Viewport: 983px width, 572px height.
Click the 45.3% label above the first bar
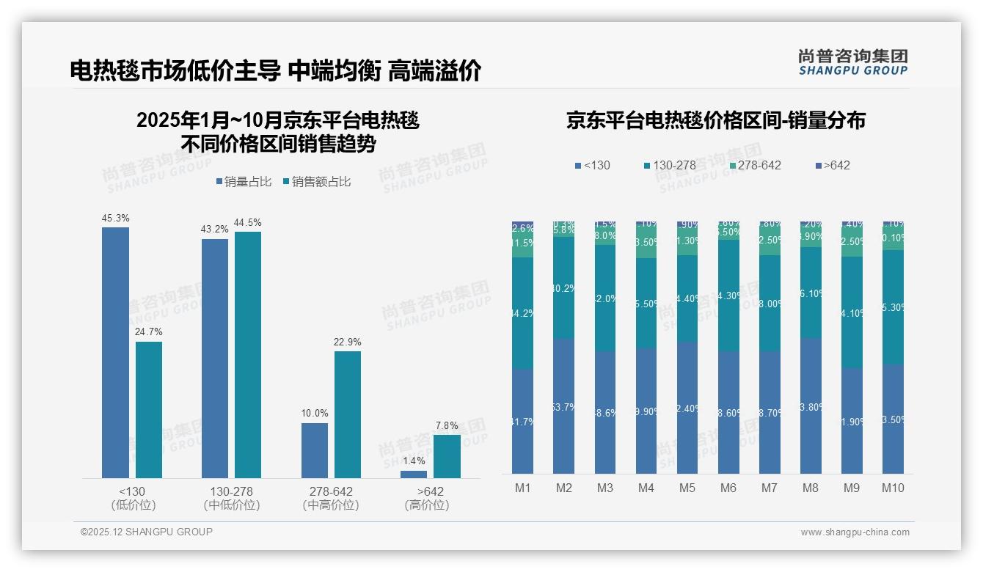coord(115,218)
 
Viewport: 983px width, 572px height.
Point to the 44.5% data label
coord(247,222)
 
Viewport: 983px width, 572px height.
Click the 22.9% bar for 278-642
coord(348,414)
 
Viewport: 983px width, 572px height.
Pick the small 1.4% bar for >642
coord(414,474)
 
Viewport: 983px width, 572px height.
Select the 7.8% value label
coord(446,425)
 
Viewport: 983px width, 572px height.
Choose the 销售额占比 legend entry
coord(317,182)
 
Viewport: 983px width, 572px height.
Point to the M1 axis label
coord(522,488)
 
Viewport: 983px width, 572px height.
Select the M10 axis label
coord(893,488)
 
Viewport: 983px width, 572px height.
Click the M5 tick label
coord(687,488)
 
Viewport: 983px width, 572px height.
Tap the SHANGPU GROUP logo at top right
coord(852,62)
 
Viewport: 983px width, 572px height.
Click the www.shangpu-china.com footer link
coord(855,532)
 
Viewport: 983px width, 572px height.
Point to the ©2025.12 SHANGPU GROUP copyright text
coord(147,532)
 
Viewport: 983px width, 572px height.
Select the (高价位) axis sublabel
coord(426,505)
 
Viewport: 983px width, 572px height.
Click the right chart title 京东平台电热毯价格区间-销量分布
coord(715,120)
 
